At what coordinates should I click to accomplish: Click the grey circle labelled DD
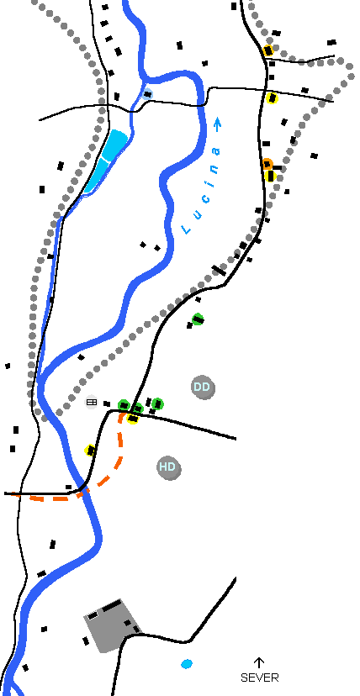point(203,387)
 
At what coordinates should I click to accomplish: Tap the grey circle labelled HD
point(169,467)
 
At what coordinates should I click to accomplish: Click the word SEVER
point(260,678)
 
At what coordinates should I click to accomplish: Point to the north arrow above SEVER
point(259,662)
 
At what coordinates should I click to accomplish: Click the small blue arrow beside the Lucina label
point(218,124)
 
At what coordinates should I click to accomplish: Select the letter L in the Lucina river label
point(186,230)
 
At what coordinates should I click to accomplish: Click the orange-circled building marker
point(267,163)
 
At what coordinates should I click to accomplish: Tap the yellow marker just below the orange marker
point(270,176)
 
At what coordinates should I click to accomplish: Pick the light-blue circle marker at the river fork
point(148,93)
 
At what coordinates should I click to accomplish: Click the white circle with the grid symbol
point(92,402)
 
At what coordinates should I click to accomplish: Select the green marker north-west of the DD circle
point(198,319)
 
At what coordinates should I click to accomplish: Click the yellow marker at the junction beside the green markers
point(132,418)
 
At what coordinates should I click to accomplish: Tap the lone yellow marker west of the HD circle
point(91,450)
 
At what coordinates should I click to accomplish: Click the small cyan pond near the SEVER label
point(187,664)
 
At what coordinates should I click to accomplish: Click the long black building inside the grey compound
point(112,605)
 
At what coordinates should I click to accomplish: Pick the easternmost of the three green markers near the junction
point(157,404)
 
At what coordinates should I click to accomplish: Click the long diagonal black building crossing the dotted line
point(219,271)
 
